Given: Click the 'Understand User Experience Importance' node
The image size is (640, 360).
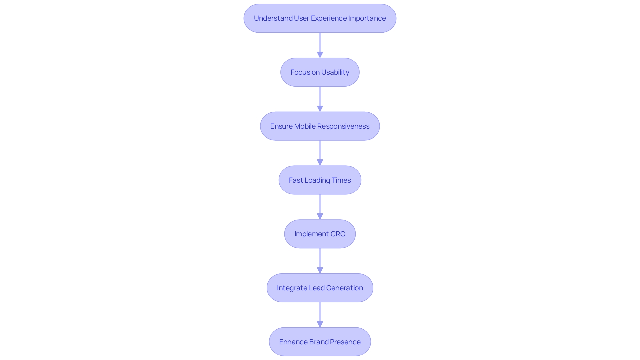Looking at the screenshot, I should [320, 18].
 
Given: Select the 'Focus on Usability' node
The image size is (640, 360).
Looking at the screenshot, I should [320, 72].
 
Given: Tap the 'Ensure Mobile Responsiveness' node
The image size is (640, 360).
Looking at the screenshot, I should [320, 126].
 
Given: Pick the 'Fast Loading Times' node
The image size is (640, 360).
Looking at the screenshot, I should [320, 180].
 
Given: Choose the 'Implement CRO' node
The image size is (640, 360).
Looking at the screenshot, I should [320, 234].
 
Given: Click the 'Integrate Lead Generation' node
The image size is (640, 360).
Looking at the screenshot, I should [320, 288].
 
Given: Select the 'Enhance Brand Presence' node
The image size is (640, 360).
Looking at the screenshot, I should [320, 342].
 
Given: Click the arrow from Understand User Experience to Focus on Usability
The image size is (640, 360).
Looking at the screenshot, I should [320, 45].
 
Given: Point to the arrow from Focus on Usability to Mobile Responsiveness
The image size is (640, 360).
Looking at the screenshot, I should [320, 99].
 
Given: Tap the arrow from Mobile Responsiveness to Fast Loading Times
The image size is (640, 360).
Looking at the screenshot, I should [320, 153].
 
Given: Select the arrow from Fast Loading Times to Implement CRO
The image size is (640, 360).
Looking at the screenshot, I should [320, 207].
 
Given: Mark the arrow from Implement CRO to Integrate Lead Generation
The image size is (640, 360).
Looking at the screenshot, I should [320, 261].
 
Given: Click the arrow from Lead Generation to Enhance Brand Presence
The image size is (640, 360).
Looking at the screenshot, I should [320, 315].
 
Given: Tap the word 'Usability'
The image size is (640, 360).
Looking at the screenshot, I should [335, 72].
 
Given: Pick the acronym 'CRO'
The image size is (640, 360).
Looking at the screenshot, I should [338, 234].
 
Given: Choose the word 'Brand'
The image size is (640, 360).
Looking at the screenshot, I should [319, 342].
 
